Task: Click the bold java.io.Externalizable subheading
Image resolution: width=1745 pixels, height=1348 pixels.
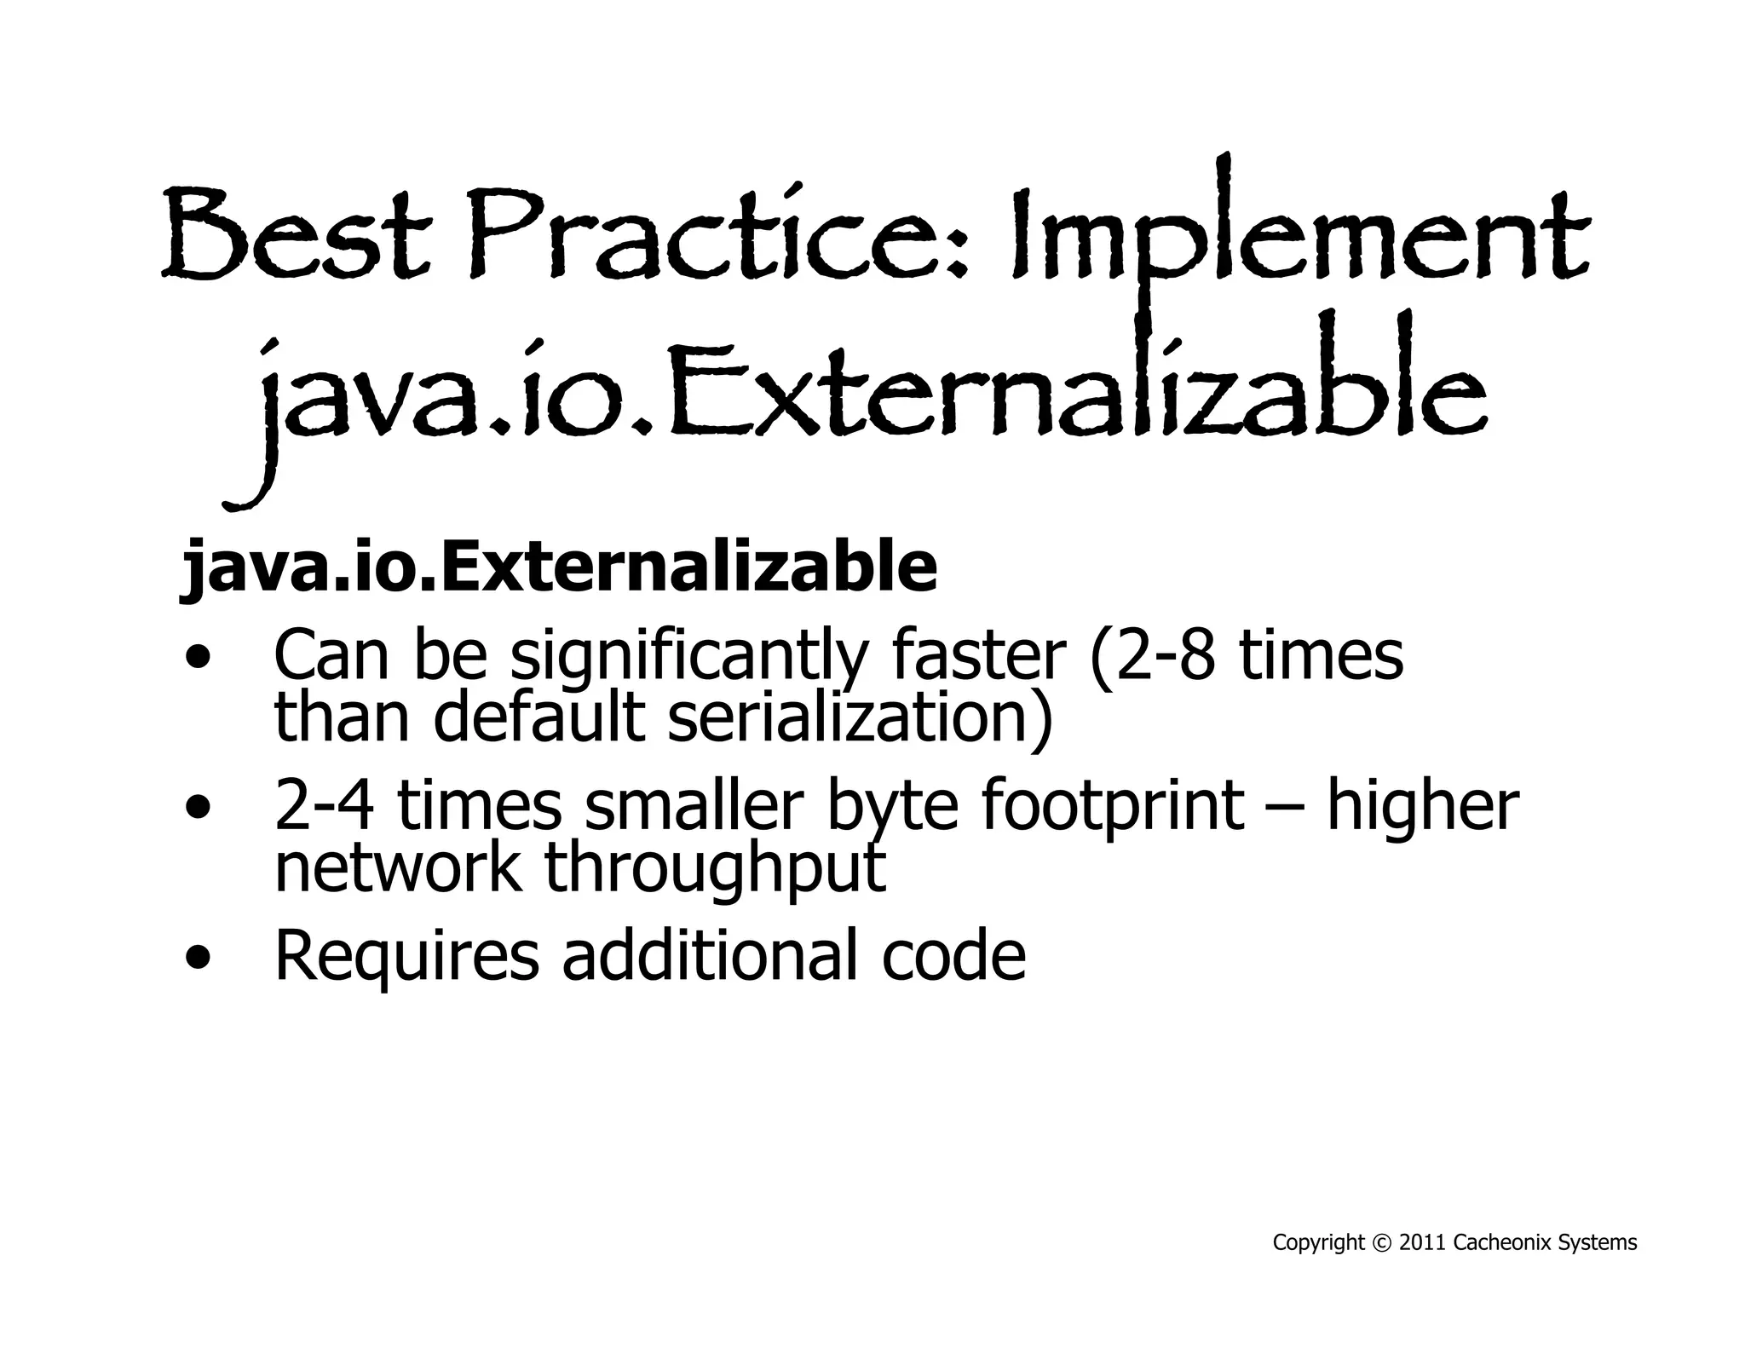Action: pyautogui.click(x=558, y=567)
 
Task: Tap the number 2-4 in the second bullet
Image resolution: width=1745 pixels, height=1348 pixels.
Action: pyautogui.click(x=324, y=806)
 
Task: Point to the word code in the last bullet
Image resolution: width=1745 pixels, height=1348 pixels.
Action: pyautogui.click(x=953, y=955)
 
